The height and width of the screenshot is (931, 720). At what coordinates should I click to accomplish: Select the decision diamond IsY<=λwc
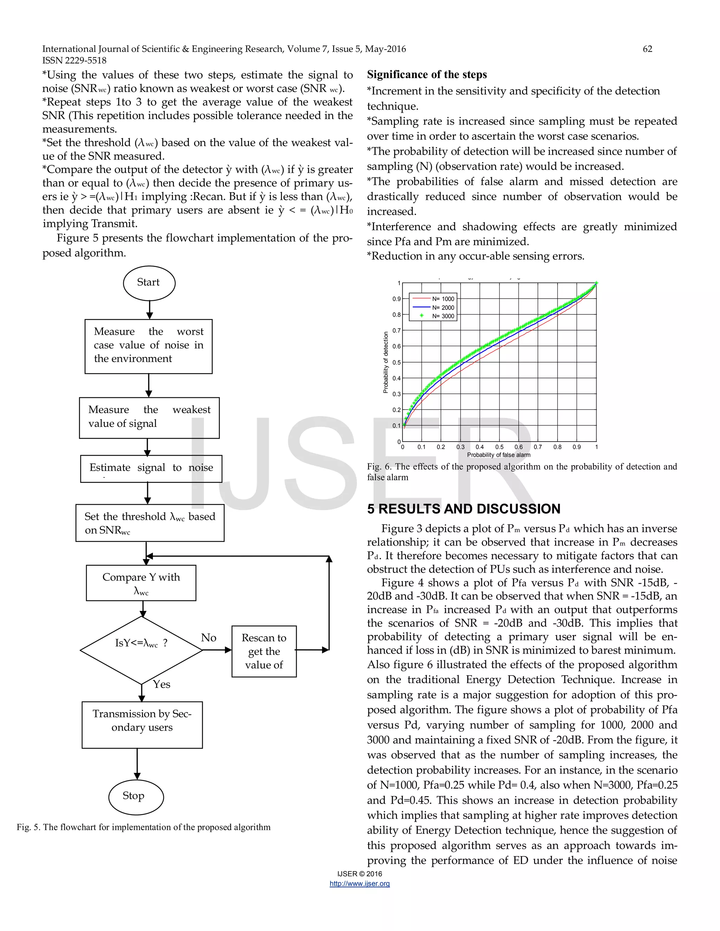(x=141, y=650)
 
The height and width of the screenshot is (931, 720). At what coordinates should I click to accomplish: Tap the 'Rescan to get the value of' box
(x=264, y=651)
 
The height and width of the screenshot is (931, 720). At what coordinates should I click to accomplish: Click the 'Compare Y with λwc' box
(x=141, y=583)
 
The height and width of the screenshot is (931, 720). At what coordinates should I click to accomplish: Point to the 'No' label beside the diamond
(x=208, y=638)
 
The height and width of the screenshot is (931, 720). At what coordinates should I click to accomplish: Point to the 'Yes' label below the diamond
(x=162, y=684)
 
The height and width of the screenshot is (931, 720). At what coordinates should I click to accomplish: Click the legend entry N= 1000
(x=443, y=299)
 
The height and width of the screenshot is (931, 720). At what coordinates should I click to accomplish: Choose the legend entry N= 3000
(x=443, y=316)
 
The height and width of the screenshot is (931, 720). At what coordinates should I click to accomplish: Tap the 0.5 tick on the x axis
(x=499, y=447)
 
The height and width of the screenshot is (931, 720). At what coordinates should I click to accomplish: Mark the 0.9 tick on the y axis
(x=396, y=299)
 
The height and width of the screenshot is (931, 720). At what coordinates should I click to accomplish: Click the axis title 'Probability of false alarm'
(x=499, y=455)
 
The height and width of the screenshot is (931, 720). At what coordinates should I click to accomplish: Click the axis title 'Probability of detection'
(x=386, y=362)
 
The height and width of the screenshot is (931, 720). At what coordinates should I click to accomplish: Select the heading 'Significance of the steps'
(x=426, y=74)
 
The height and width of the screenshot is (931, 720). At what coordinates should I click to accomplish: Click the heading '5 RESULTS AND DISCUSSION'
(x=464, y=509)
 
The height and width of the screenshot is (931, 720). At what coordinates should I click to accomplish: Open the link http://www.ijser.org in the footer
(x=360, y=884)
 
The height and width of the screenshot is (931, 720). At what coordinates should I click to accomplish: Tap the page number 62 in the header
(x=647, y=49)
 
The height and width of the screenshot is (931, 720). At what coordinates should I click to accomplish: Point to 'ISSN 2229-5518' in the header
(x=74, y=60)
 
